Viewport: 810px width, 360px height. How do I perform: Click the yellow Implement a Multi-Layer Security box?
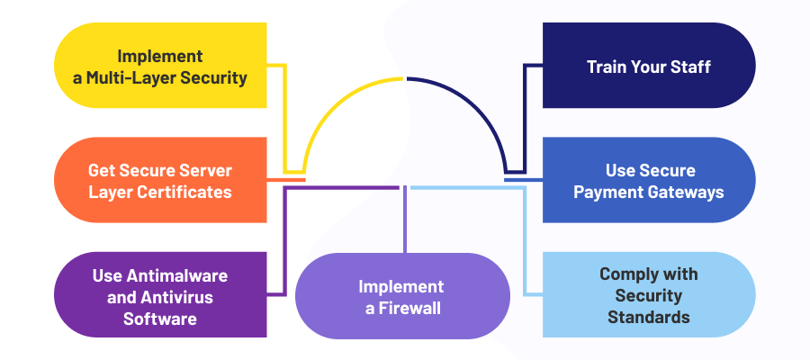coord(160,66)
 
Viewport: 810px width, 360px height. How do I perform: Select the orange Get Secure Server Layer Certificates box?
coord(160,180)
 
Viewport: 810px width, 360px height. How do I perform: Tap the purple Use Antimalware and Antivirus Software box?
coord(160,294)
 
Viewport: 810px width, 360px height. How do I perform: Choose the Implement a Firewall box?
coord(402,297)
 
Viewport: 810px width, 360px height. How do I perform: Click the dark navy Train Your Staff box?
coord(649,66)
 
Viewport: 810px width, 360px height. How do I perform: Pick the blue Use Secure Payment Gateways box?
coord(649,180)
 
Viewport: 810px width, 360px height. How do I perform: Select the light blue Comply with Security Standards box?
coord(649,294)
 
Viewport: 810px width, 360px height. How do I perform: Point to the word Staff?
coord(690,67)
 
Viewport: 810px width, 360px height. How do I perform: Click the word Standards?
coord(649,317)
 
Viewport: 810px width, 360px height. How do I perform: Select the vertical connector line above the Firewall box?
coord(405,220)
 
